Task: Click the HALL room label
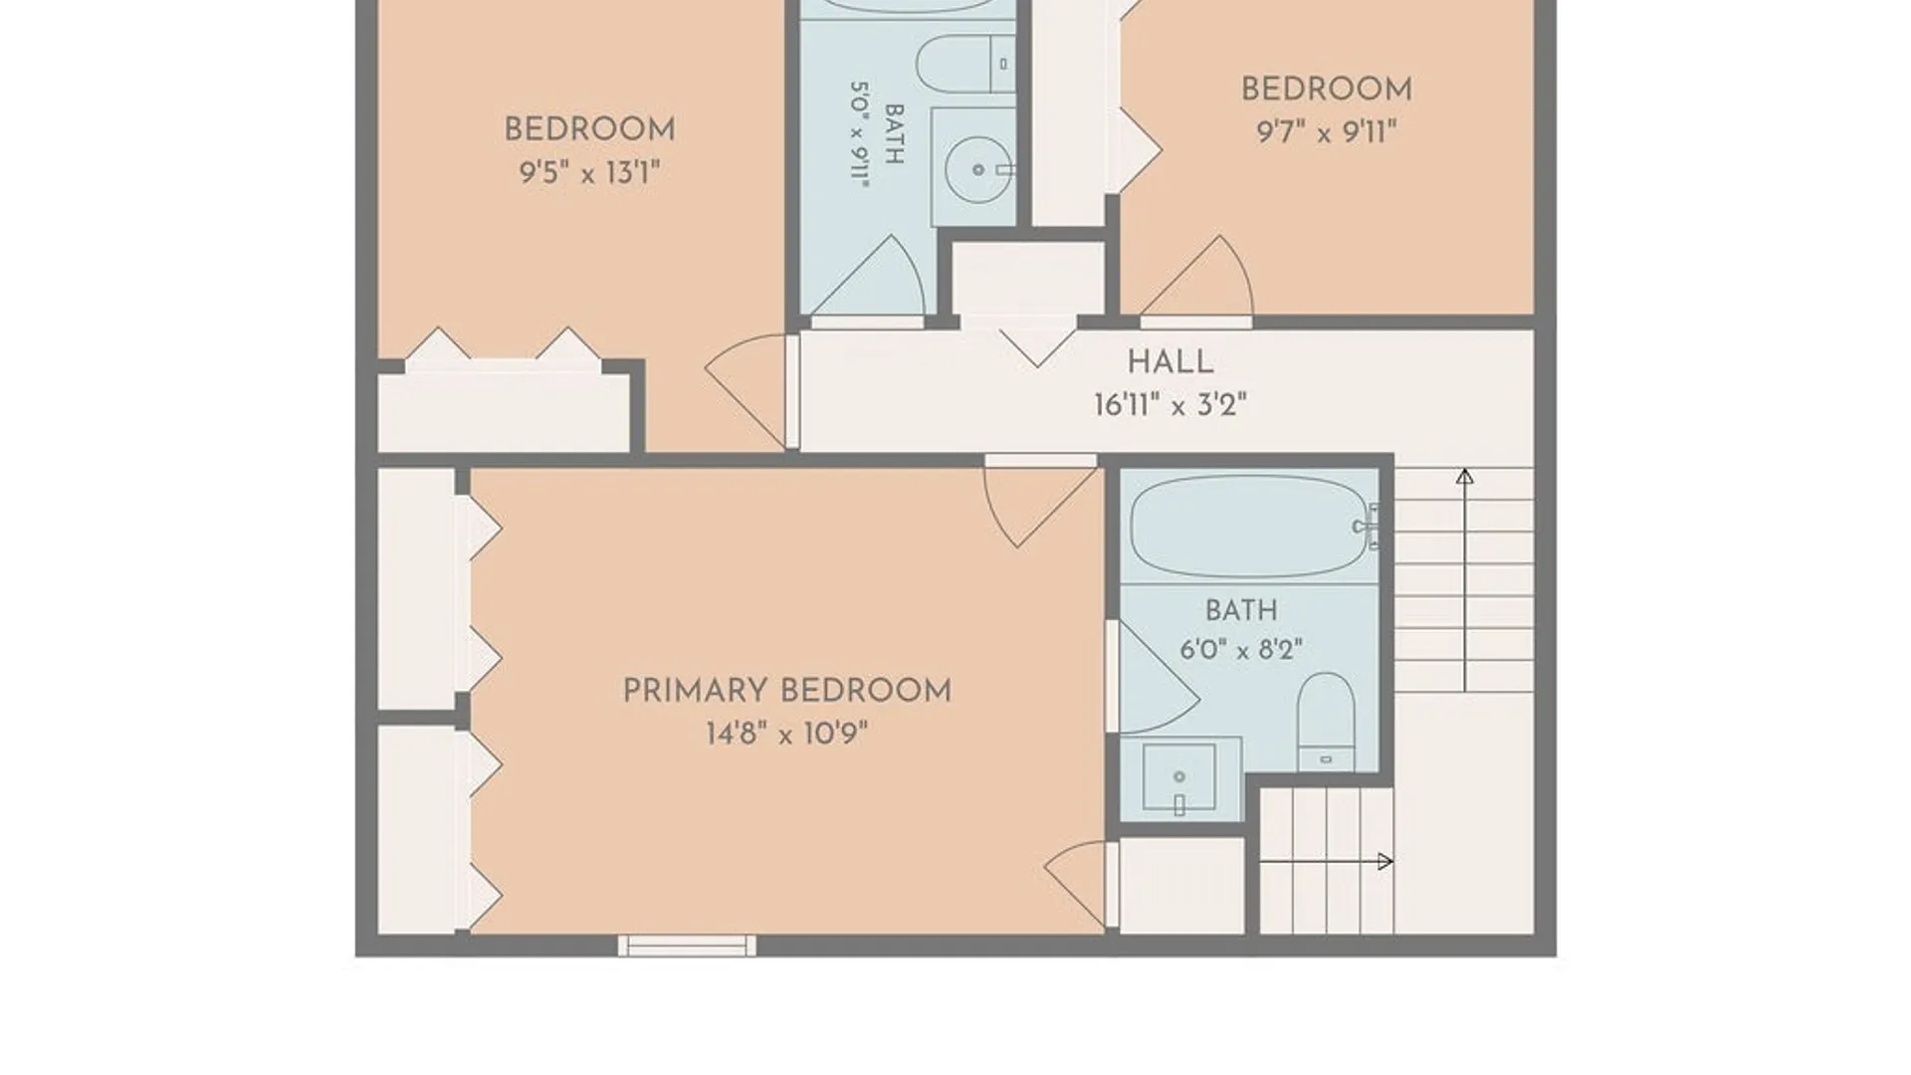1169,361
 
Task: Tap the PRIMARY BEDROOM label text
786,690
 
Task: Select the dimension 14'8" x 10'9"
786,735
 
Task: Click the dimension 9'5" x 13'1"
589,173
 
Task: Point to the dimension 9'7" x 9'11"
1326,131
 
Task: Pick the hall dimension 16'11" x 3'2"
1169,405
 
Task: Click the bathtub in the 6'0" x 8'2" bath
1250,527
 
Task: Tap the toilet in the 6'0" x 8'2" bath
1326,722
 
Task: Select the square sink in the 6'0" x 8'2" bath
1179,776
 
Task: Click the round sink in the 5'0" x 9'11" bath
977,169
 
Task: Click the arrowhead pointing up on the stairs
1464,477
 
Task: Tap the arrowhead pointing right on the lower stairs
1384,862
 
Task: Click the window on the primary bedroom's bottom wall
687,946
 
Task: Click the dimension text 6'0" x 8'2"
1241,650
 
